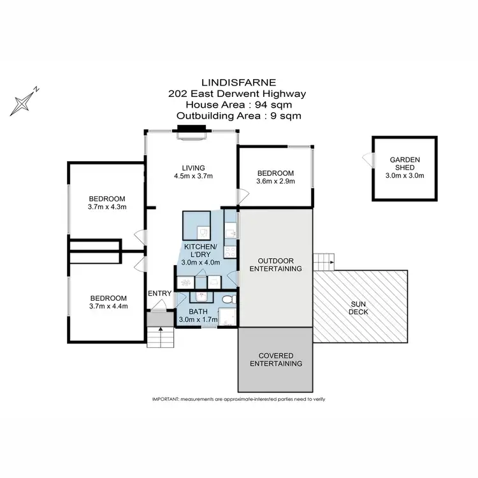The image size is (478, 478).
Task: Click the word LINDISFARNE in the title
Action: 237,82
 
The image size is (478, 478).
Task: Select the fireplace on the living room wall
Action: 191,131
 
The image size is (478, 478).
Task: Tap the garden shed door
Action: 368,159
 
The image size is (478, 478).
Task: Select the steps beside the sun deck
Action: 324,261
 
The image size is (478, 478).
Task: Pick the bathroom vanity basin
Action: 201,296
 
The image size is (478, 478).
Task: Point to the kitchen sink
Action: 231,233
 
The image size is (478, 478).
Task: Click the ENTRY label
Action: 159,293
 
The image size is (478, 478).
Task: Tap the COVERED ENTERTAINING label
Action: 275,359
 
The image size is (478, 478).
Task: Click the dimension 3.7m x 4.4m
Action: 108,307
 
